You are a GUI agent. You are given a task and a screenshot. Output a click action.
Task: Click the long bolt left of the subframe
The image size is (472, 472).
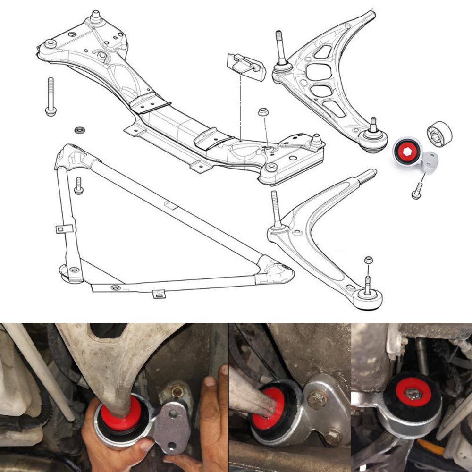pyautogui.click(x=50, y=96)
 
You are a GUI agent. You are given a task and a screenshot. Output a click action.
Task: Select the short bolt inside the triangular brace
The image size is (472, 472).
pyautogui.click(x=78, y=185)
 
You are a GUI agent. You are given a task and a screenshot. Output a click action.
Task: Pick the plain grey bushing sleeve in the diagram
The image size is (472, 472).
pyautogui.click(x=439, y=134)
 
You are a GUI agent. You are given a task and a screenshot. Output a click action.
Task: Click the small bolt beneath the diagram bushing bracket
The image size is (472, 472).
pyautogui.click(x=417, y=190)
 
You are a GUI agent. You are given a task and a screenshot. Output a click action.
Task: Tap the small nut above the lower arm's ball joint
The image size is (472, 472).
pyautogui.click(x=369, y=260)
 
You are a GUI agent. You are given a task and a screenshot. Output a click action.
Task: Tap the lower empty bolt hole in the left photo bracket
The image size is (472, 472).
pyautogui.click(x=171, y=445)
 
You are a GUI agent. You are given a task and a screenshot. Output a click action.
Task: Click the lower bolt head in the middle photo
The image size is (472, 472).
pyautogui.click(x=332, y=437)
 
